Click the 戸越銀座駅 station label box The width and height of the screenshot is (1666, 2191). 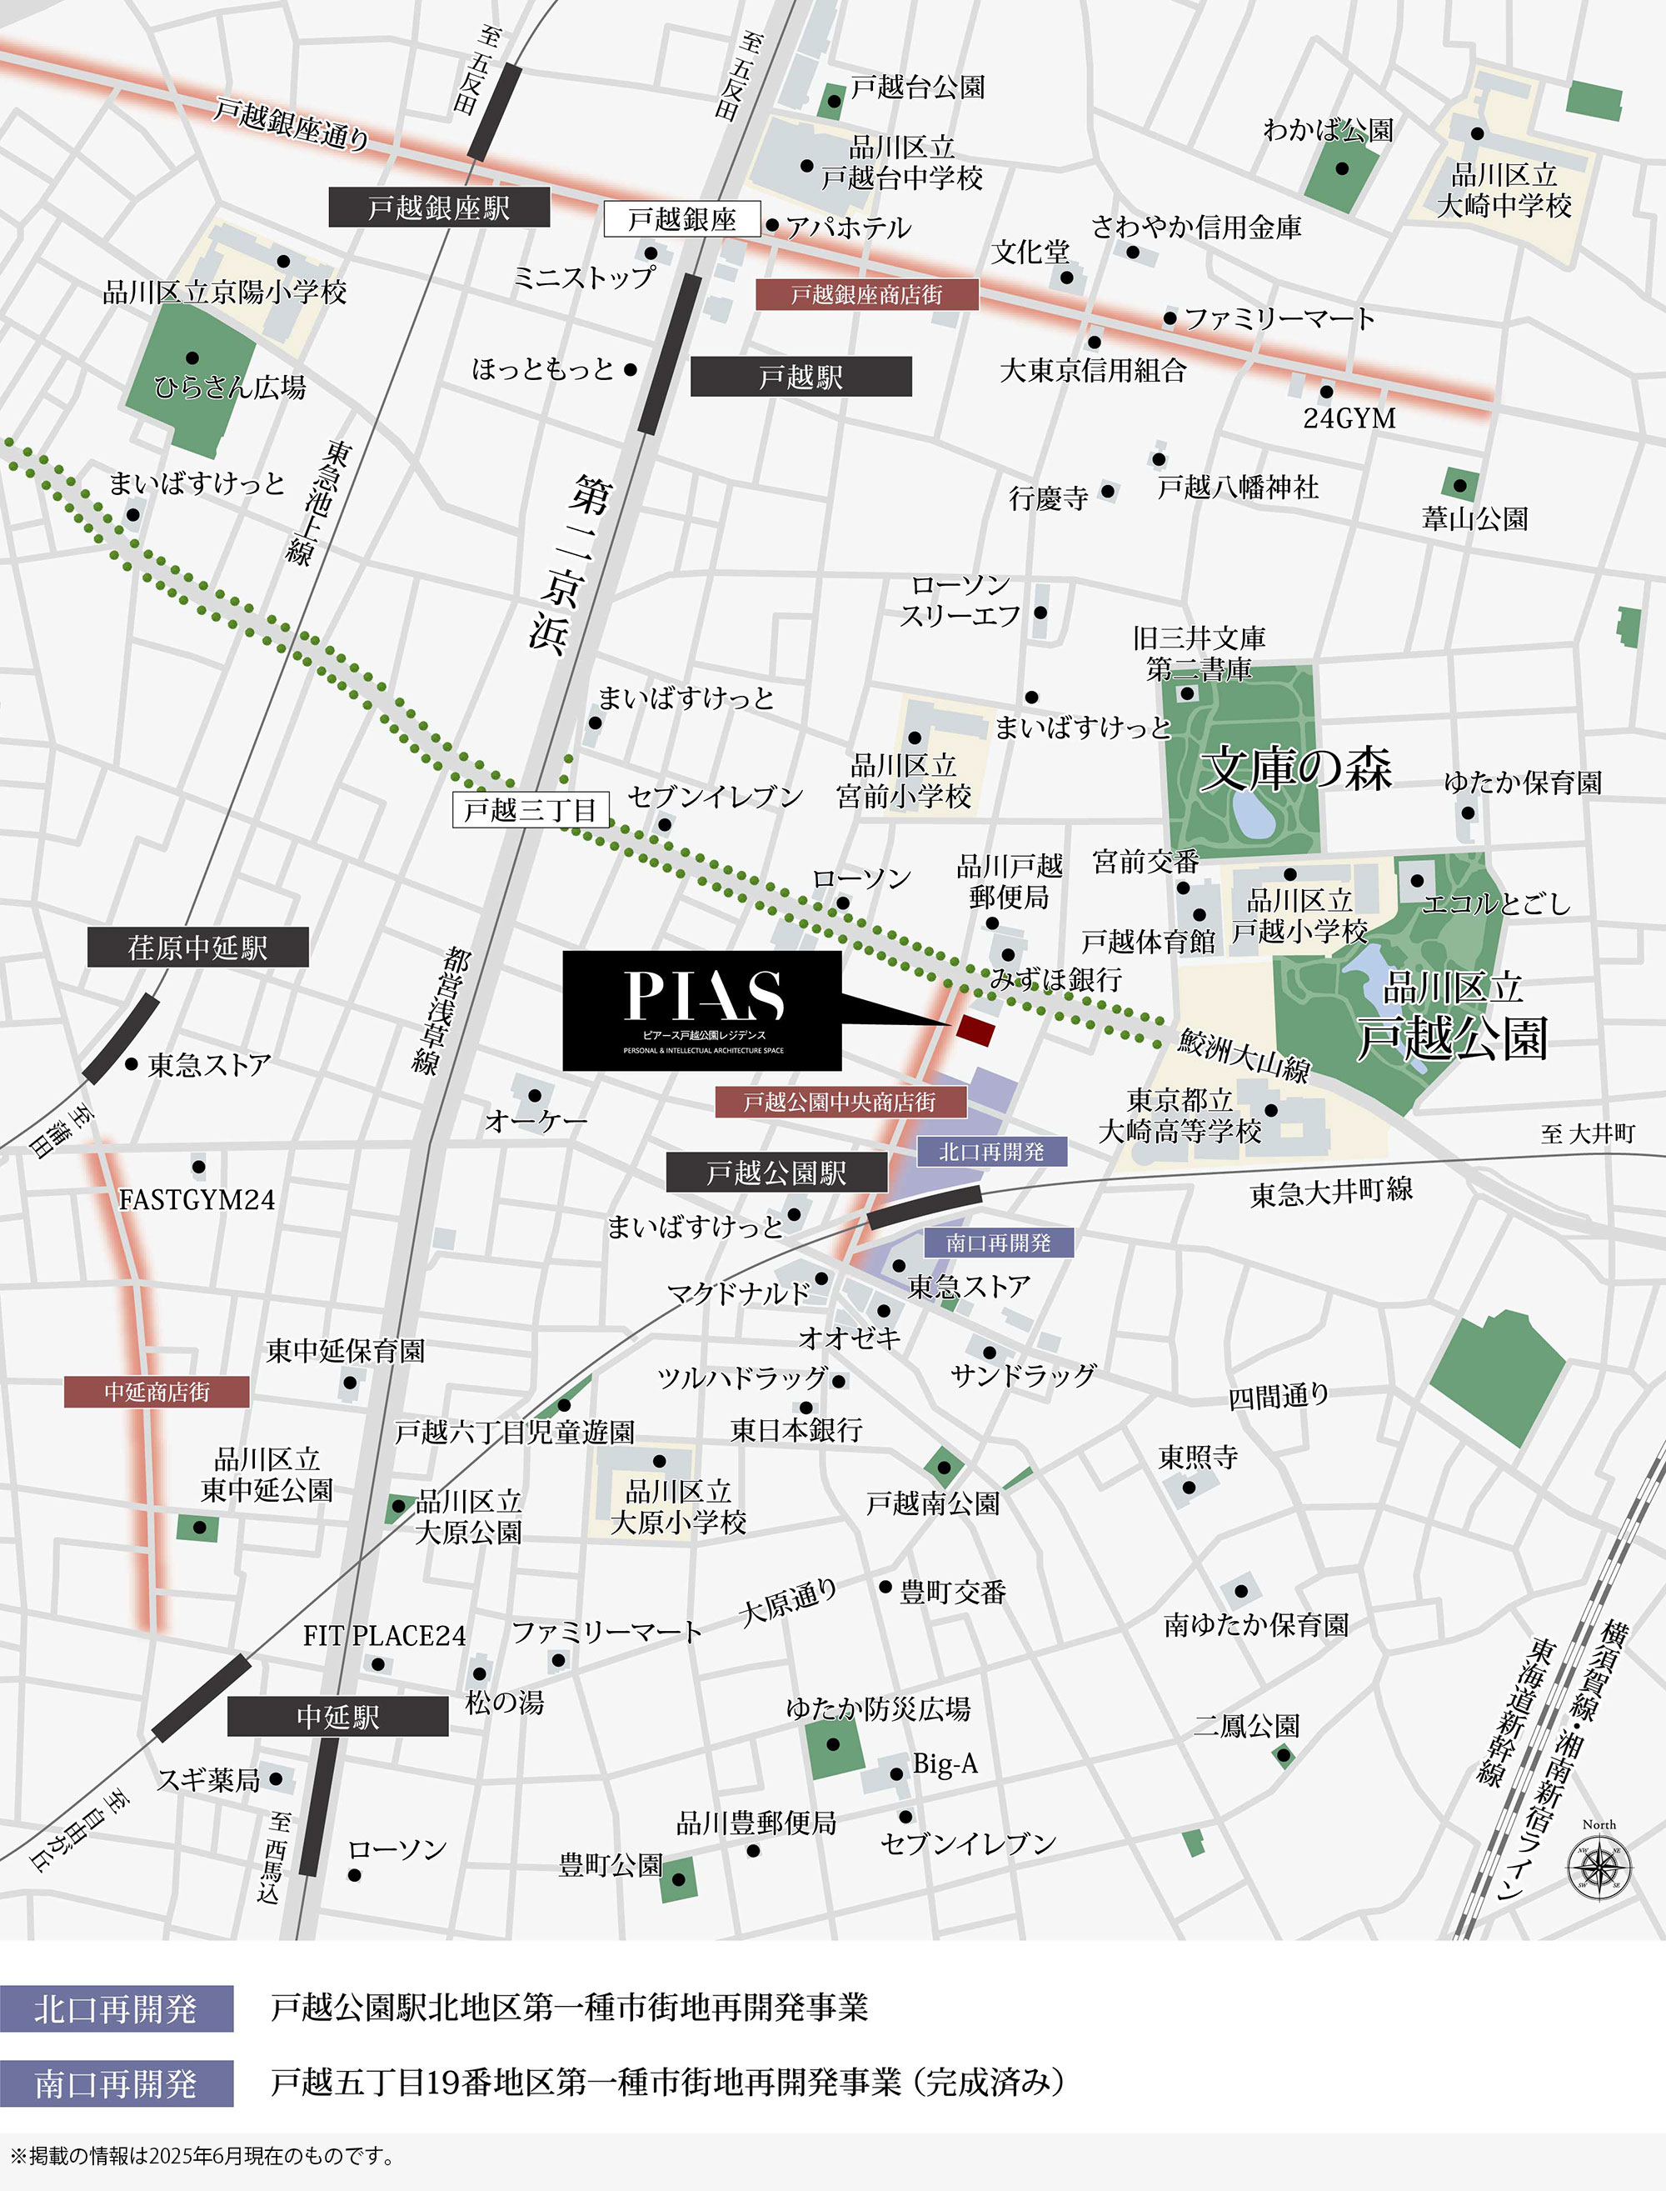click(x=438, y=208)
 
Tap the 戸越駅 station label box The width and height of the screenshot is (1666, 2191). click(x=801, y=377)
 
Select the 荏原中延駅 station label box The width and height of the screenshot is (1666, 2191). click(x=197, y=948)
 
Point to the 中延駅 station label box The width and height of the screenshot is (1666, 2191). click(x=337, y=1716)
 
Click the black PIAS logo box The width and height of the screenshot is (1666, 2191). click(x=702, y=1011)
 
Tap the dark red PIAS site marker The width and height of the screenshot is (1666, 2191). click(x=975, y=1029)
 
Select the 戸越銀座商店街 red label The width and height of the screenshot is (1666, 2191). click(x=866, y=294)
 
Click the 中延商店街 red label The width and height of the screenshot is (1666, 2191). click(x=157, y=1392)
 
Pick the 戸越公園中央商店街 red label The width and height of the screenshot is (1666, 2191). click(x=839, y=1101)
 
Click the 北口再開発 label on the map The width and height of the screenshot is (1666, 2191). click(x=990, y=1152)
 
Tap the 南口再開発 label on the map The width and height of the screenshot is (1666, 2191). click(x=998, y=1242)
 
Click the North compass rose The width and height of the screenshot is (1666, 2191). click(x=1599, y=1868)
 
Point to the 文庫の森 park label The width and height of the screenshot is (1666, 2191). click(x=1296, y=768)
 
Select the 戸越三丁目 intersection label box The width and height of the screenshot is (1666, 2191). click(x=530, y=810)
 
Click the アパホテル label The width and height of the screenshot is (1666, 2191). click(x=848, y=228)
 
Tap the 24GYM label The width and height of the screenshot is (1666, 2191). click(x=1349, y=418)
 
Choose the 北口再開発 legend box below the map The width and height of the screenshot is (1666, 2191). click(x=116, y=2009)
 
